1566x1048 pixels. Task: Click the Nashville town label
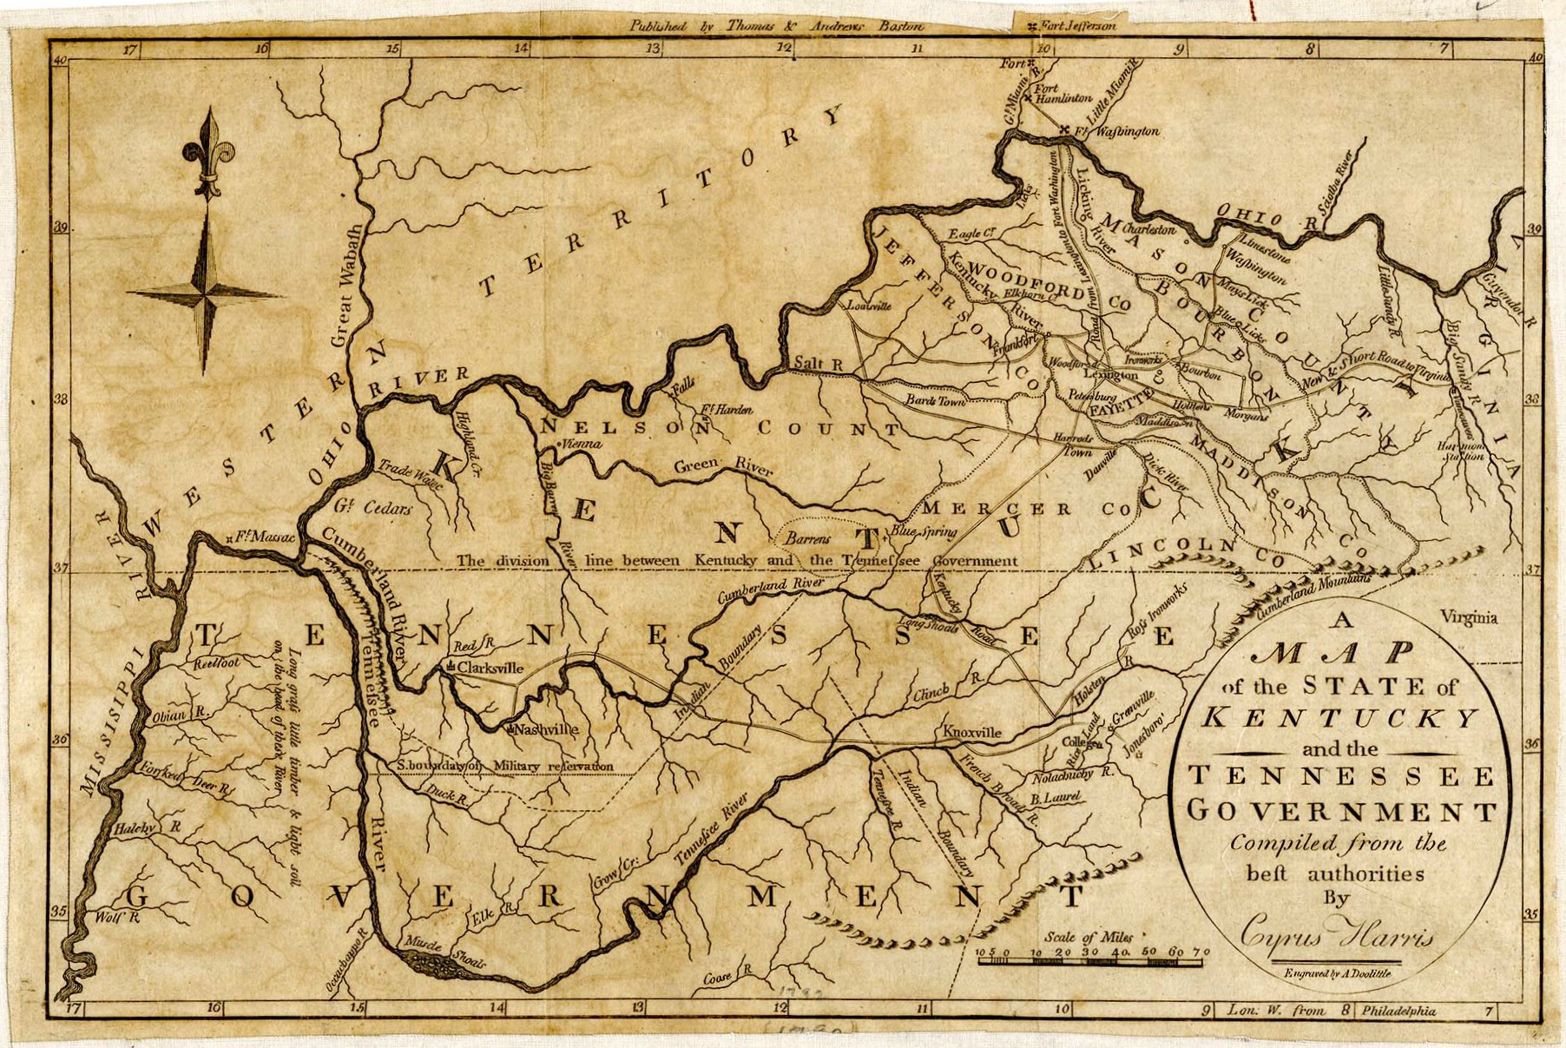coord(546,729)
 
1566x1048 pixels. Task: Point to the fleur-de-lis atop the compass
coord(208,148)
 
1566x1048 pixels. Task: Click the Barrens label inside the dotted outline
coord(807,538)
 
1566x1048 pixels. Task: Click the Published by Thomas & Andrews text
coord(777,25)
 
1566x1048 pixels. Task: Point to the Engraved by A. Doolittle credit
coord(1341,974)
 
